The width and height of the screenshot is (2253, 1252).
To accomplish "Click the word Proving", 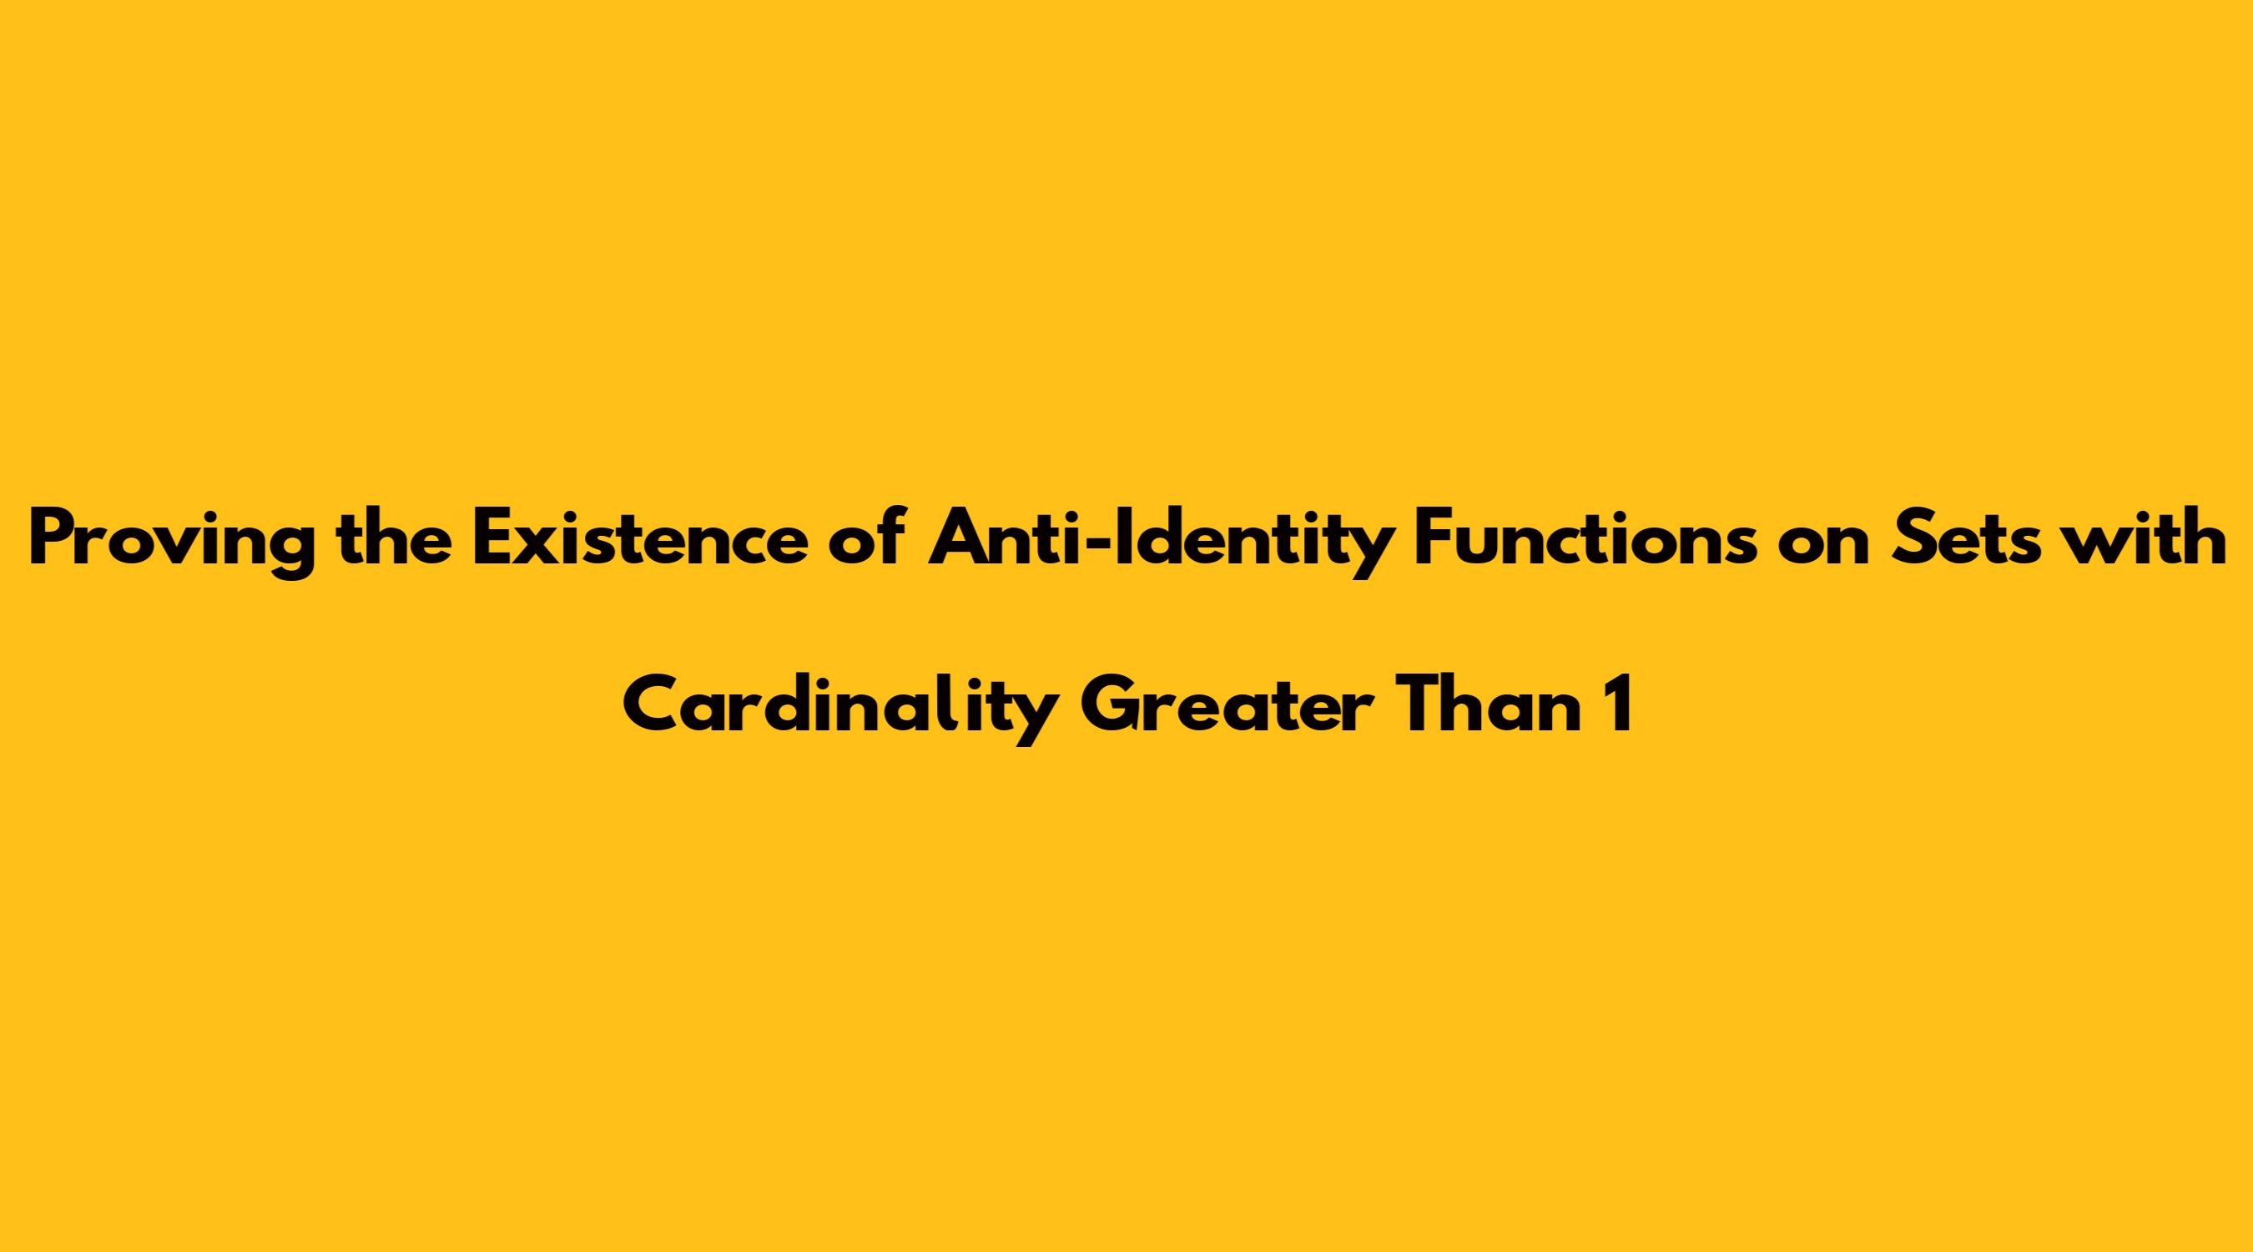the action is [x=171, y=543].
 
